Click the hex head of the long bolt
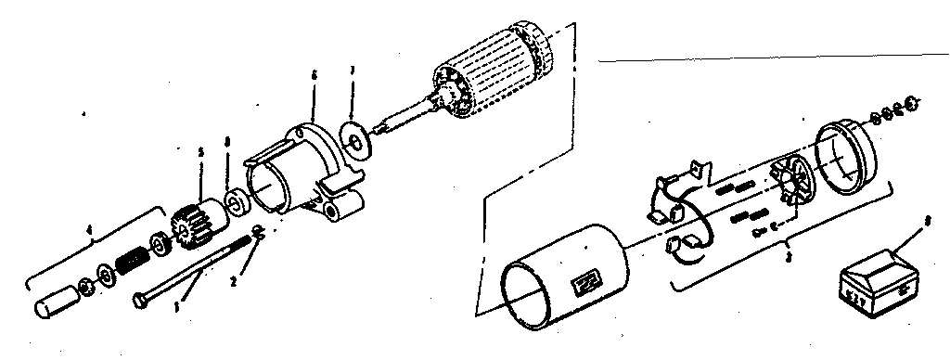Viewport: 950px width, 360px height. (x=140, y=300)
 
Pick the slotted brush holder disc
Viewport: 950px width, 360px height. (x=790, y=180)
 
